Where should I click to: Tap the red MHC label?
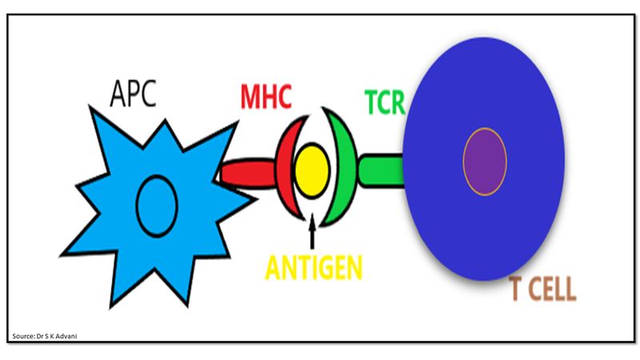tap(266, 98)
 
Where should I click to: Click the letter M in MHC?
tap(250, 98)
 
